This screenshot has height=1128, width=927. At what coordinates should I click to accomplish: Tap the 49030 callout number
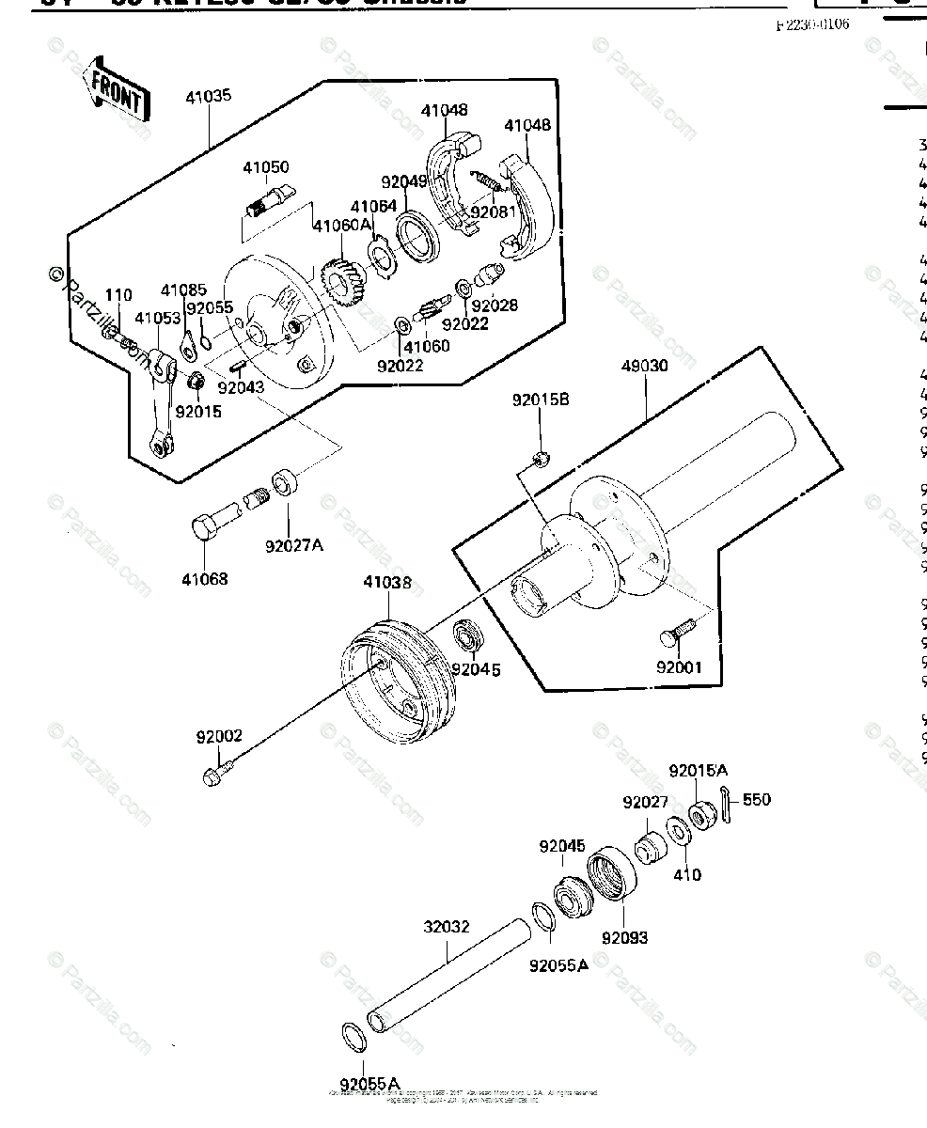point(644,366)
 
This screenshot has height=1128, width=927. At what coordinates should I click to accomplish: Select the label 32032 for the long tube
point(446,926)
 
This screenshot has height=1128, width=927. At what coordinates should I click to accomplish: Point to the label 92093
point(625,937)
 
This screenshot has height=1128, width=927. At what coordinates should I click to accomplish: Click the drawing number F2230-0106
point(811,25)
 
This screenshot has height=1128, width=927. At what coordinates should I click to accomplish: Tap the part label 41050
point(266,167)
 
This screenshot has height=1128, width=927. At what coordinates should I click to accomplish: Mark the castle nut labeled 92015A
point(701,814)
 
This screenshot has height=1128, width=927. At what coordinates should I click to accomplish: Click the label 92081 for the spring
point(494,213)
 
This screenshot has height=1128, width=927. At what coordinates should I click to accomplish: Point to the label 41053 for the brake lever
point(157,319)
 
